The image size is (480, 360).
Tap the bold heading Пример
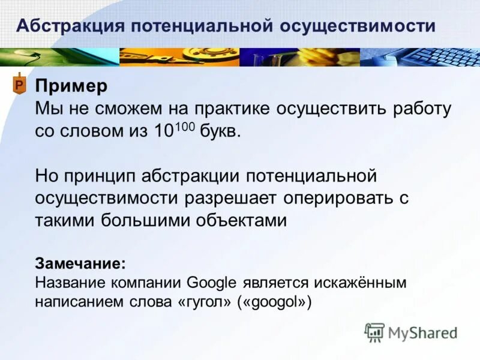click(x=71, y=86)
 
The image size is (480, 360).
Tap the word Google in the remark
click(x=214, y=282)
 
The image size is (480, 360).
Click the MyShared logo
click(x=410, y=332)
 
